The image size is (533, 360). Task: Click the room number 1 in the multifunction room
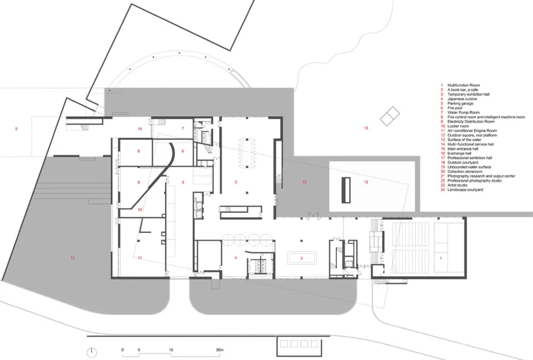[x=441, y=258]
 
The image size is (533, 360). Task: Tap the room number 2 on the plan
[x=235, y=182]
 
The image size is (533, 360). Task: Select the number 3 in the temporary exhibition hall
[x=302, y=258]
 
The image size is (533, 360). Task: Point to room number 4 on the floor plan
[x=235, y=258]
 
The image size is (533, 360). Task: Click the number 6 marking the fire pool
[x=183, y=151]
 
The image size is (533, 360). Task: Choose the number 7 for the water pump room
[x=183, y=128]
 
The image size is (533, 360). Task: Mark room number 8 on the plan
[x=139, y=151]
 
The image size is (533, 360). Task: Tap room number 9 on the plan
[x=139, y=182]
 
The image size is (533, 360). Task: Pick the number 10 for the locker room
[x=139, y=210]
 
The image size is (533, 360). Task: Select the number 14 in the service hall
[x=140, y=128]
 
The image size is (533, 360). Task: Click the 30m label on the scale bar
[x=219, y=350]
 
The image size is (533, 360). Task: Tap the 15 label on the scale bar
[x=171, y=350]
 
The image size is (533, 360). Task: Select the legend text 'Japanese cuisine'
[x=462, y=99]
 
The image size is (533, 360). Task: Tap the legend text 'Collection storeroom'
[x=465, y=171]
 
